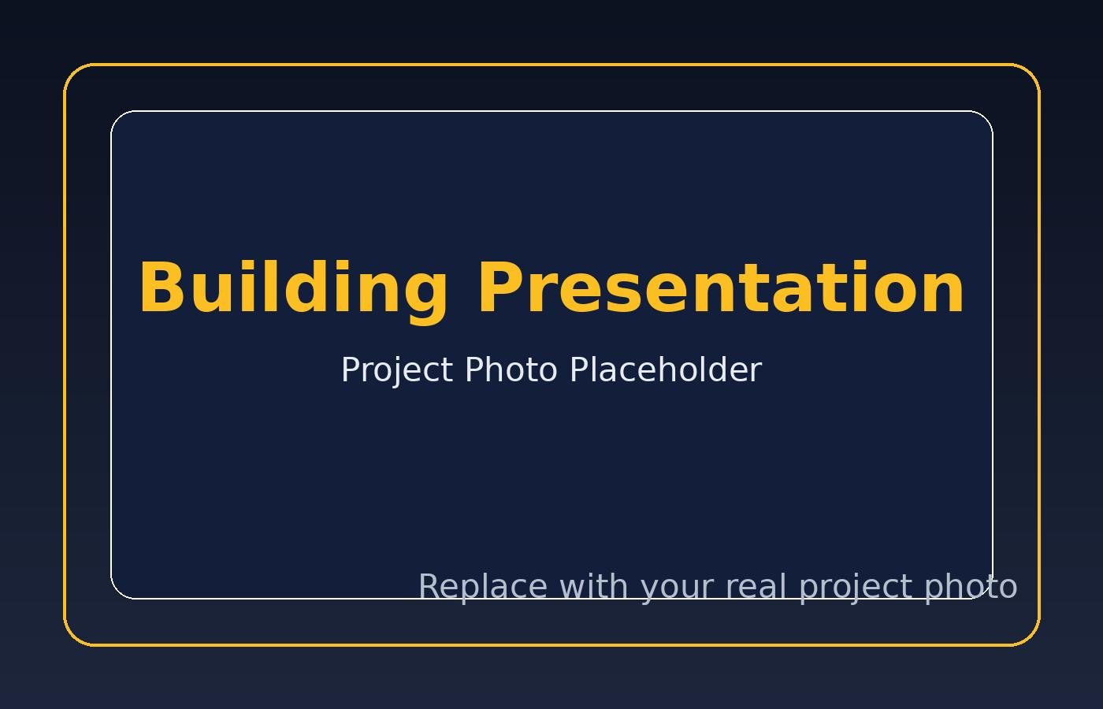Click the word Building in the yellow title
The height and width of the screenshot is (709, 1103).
tap(294, 291)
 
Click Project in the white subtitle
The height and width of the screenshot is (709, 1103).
tap(397, 371)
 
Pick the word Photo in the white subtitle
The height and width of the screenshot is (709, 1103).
tap(511, 369)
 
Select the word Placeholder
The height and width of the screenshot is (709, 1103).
tap(667, 369)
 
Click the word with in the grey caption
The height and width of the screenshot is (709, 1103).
tap(593, 586)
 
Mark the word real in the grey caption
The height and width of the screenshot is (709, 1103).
tap(756, 586)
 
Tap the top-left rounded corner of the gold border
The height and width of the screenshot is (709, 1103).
tap(72, 72)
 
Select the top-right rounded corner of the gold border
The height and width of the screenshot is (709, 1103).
tap(1031, 72)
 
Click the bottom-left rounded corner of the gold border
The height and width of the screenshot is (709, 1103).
tap(72, 637)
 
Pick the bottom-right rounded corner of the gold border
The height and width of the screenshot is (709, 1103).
tap(1031, 637)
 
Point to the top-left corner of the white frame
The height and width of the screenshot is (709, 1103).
tap(117, 117)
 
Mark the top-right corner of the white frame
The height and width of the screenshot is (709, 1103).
tap(986, 117)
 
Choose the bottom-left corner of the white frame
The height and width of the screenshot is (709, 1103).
tap(117, 592)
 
